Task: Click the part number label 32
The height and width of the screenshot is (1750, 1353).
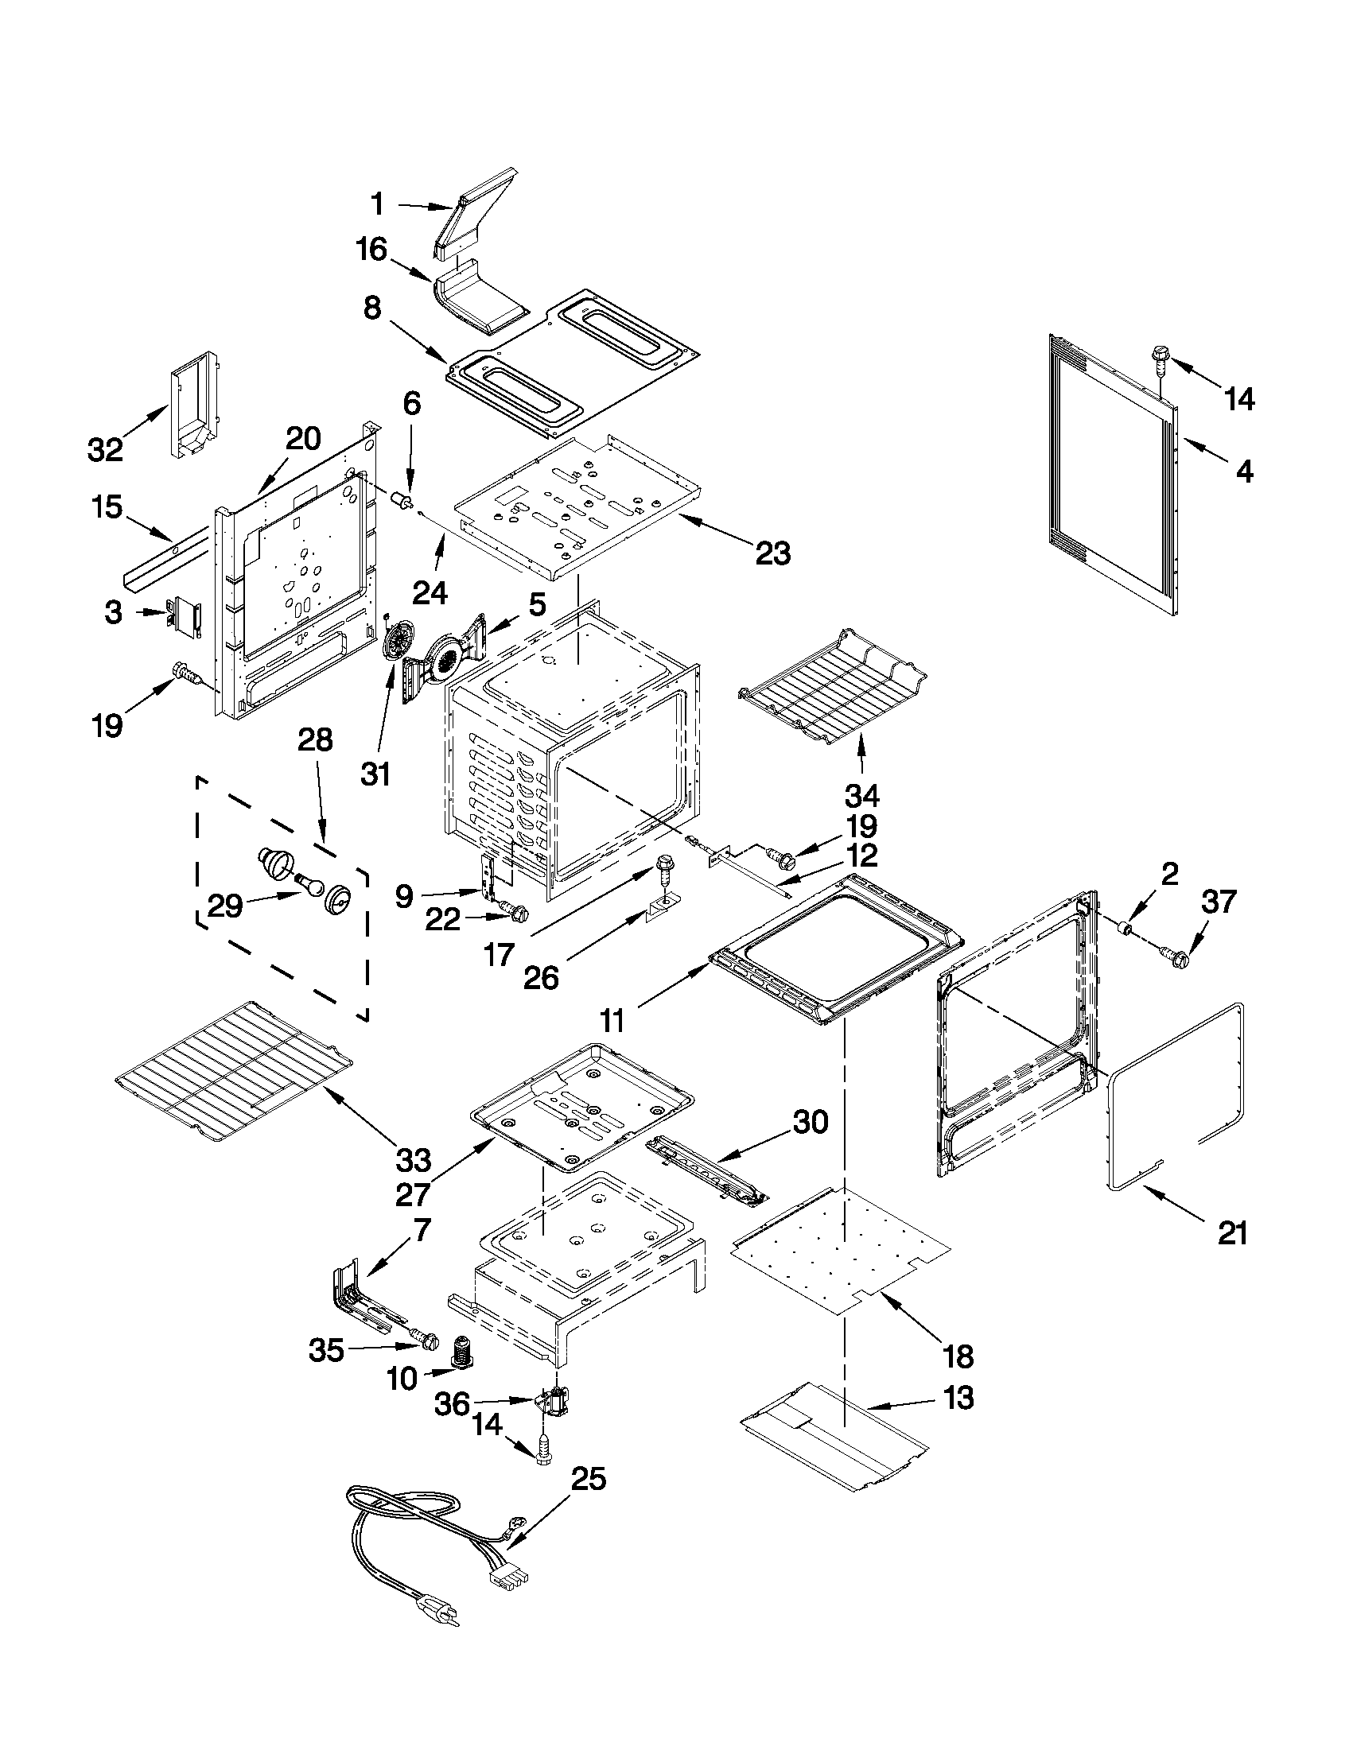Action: point(105,450)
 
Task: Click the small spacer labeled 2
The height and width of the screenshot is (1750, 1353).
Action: point(1126,929)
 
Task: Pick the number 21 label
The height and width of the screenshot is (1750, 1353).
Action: point(1232,1234)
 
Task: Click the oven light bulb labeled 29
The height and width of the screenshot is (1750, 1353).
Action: point(308,883)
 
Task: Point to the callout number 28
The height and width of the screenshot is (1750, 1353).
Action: point(314,739)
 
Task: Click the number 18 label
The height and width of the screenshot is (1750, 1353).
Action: point(958,1356)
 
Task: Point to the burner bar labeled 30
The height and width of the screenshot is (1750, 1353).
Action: point(706,1176)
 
